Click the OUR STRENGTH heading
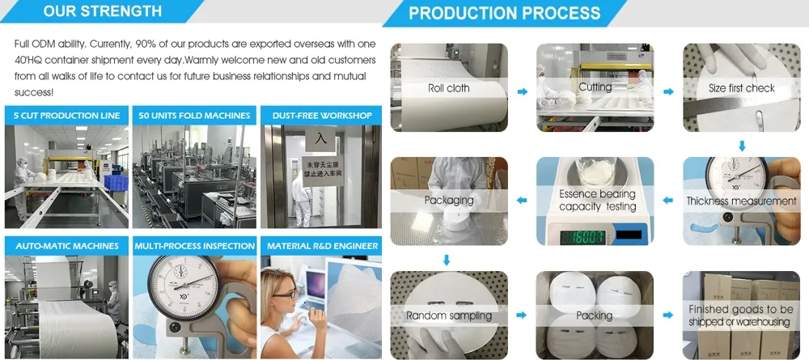click(x=102, y=11)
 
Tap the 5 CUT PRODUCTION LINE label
click(x=66, y=116)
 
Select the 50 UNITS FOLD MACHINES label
click(x=194, y=116)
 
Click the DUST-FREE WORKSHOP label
click(x=322, y=116)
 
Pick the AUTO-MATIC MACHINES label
click(x=66, y=246)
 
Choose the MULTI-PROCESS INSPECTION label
click(x=194, y=246)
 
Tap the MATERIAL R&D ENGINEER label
click(x=322, y=246)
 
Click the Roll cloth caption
click(x=448, y=88)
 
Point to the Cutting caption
click(x=595, y=87)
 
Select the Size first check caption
click(x=741, y=88)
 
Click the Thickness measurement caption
click(x=741, y=201)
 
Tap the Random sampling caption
click(x=448, y=316)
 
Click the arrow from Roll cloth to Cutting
click(x=522, y=91)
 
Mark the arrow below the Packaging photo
click(x=446, y=260)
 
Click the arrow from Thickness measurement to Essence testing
click(x=668, y=200)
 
